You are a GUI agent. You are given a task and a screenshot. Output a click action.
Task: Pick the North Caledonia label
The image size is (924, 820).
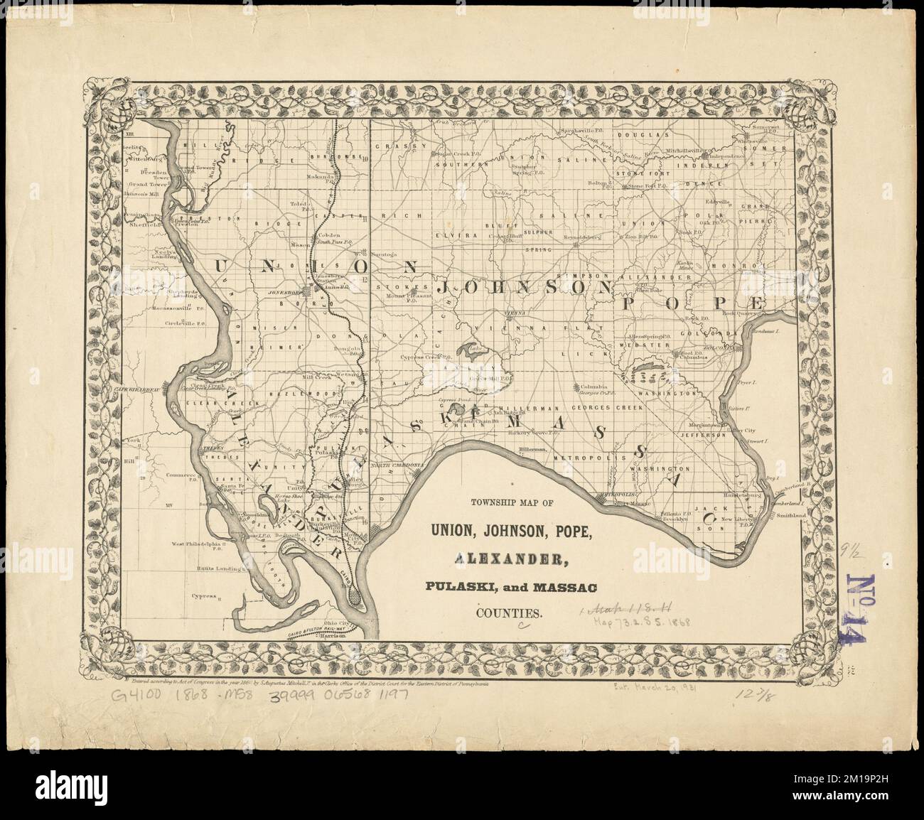coord(397,464)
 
